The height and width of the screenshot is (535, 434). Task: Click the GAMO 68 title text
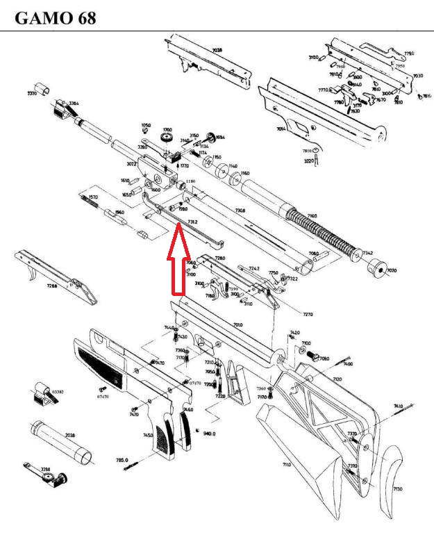[x=55, y=17]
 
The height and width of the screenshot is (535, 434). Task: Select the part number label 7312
[x=192, y=222]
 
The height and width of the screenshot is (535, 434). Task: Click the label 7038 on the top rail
[x=217, y=51]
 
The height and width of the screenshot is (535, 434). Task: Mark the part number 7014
[x=281, y=129]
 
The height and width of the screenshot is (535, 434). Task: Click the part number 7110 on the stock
[x=285, y=463]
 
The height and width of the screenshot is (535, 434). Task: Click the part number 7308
[x=240, y=210]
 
